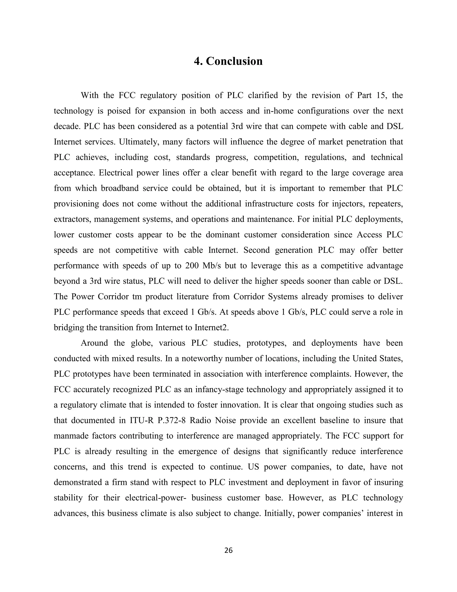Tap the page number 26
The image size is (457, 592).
click(228, 550)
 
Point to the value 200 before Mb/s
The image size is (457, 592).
click(192, 266)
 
